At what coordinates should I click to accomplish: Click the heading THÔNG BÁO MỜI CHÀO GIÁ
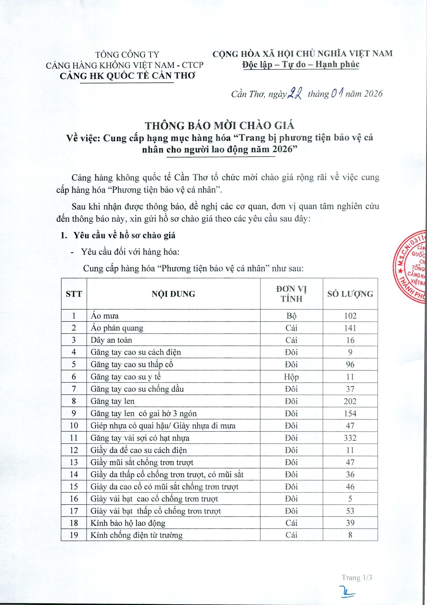pyautogui.click(x=220, y=126)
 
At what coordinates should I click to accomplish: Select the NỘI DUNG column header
pyautogui.click(x=173, y=294)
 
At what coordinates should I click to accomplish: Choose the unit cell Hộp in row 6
pyautogui.click(x=291, y=377)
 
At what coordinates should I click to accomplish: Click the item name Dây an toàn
pyautogui.click(x=111, y=340)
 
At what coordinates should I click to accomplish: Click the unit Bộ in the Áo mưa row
pyautogui.click(x=291, y=316)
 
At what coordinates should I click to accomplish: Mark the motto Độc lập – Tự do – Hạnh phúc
pyautogui.click(x=301, y=64)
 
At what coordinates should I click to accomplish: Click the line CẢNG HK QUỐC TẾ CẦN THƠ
pyautogui.click(x=127, y=76)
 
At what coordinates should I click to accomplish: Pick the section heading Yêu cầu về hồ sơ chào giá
pyautogui.click(x=124, y=235)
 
